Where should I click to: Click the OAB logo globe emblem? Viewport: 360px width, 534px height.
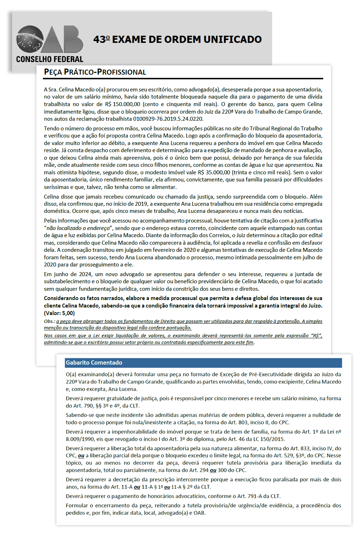point(29,39)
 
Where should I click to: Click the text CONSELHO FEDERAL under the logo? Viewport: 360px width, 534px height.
point(50,59)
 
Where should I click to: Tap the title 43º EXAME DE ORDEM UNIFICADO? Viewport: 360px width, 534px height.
point(177,39)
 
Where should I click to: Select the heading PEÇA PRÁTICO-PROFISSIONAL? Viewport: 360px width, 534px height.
point(95,72)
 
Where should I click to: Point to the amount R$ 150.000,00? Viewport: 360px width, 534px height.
point(122,104)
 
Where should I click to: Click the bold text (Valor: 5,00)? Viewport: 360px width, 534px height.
point(59,313)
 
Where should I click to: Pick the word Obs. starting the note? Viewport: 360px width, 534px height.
point(49,321)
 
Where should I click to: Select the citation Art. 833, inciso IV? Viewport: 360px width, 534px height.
point(312,449)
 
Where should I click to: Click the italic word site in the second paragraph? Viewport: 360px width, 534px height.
point(236,129)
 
